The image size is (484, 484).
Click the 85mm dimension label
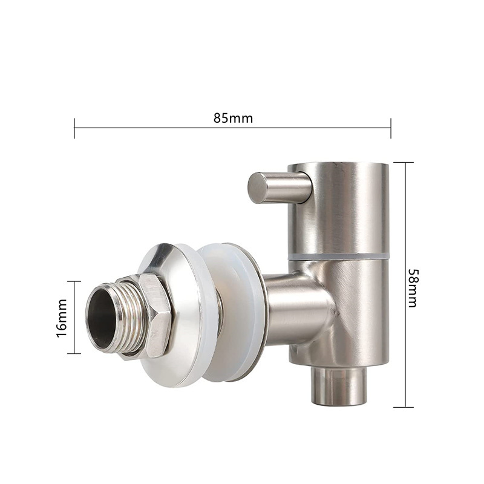click(x=233, y=118)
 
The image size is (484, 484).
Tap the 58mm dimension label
click(x=413, y=288)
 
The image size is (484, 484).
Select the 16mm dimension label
click(x=62, y=318)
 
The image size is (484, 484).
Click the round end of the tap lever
click(x=257, y=188)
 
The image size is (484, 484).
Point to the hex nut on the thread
click(x=156, y=316)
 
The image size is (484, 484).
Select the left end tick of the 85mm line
click(x=74, y=128)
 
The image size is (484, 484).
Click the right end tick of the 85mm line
click(x=391, y=128)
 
